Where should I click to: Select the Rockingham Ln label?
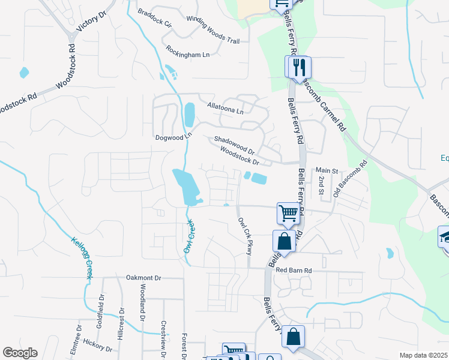pos(188,52)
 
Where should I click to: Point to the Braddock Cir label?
pos(154,20)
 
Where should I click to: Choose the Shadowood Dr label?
pos(235,145)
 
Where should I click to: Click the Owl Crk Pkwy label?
pos(244,236)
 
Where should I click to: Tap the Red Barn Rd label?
pos(295,271)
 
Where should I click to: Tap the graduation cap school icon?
pos(445,236)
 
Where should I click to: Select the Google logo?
pos(20,353)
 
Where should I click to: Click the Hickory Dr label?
pos(98,345)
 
